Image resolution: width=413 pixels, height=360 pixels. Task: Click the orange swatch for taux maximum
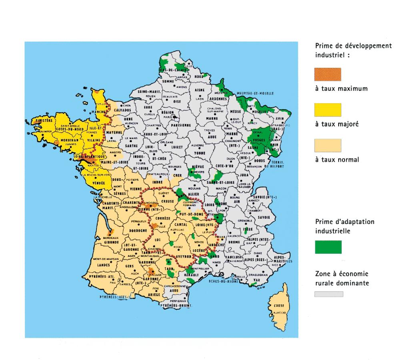point(328,75)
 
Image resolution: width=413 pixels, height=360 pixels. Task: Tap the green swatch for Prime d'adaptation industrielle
point(328,247)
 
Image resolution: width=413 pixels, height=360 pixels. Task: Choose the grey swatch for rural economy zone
point(329,294)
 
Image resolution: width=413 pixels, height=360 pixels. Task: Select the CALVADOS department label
point(122,110)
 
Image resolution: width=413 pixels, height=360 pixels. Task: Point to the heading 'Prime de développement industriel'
point(353,50)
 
